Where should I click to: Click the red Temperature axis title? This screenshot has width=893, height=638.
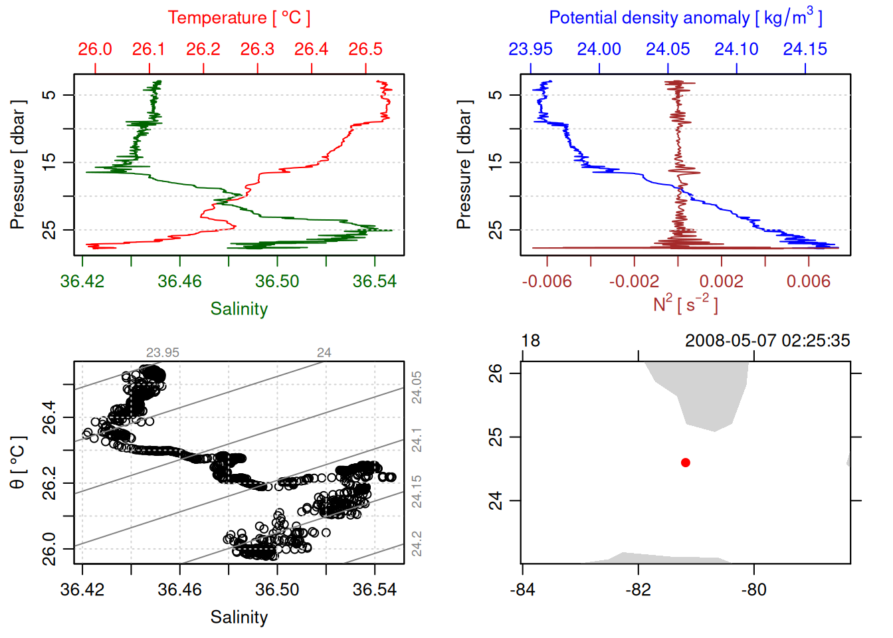pyautogui.click(x=239, y=18)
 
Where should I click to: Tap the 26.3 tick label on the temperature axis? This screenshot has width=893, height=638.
pyautogui.click(x=257, y=49)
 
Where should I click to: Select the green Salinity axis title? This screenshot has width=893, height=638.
pyautogui.click(x=239, y=309)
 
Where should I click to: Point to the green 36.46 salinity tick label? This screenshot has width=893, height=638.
pyautogui.click(x=179, y=281)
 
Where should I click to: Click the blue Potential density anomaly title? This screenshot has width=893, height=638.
pyautogui.click(x=685, y=17)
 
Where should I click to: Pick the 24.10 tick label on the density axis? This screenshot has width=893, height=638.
pyautogui.click(x=736, y=49)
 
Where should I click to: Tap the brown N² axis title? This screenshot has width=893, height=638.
pyautogui.click(x=685, y=304)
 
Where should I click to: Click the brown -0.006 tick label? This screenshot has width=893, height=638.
pyautogui.click(x=546, y=281)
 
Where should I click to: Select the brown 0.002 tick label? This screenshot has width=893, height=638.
pyautogui.click(x=721, y=281)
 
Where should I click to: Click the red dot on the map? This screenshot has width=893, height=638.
pyautogui.click(x=686, y=463)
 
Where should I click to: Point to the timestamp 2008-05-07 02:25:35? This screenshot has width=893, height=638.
pyautogui.click(x=767, y=341)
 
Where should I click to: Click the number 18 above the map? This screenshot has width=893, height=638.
pyautogui.click(x=530, y=341)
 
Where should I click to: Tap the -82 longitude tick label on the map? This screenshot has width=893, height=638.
pyautogui.click(x=638, y=589)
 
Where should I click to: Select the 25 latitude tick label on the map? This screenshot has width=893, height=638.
pyautogui.click(x=496, y=437)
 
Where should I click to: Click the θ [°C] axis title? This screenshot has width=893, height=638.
pyautogui.click(x=17, y=463)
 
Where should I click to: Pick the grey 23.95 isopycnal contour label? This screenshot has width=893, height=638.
pyautogui.click(x=163, y=353)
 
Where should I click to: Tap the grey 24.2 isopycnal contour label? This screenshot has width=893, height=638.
pyautogui.click(x=416, y=543)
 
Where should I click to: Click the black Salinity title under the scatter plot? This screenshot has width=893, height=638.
pyautogui.click(x=239, y=617)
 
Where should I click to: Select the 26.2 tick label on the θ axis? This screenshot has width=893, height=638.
pyautogui.click(x=49, y=483)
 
